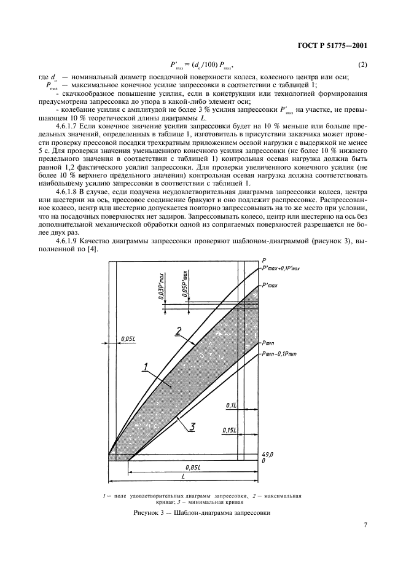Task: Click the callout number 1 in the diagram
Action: point(145,368)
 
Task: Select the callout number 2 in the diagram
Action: point(178,332)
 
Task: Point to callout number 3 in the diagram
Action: point(192,426)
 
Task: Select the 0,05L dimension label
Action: point(128,338)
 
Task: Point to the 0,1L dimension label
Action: point(232,405)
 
